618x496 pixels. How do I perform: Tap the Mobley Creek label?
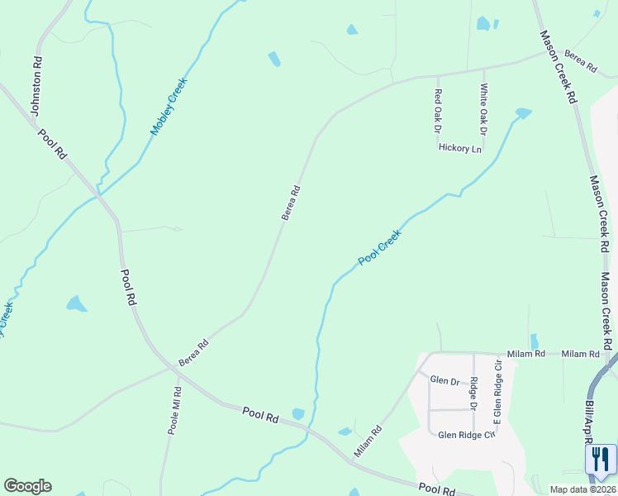(x=169, y=106)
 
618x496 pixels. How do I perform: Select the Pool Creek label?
(x=380, y=247)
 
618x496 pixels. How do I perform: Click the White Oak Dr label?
(x=484, y=108)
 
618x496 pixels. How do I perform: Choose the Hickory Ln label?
(x=460, y=149)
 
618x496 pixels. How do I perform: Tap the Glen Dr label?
(x=444, y=381)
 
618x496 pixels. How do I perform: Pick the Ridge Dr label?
(x=473, y=393)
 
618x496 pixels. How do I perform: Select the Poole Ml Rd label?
(x=174, y=410)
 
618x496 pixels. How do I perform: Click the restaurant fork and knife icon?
(x=601, y=460)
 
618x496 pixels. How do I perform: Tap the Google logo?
(x=27, y=486)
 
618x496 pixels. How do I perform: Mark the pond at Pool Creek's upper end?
(x=523, y=112)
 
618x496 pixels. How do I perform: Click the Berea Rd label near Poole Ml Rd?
(x=193, y=352)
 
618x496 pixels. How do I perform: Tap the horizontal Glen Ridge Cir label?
(x=466, y=435)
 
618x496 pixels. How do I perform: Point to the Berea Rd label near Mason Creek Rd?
(x=581, y=65)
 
